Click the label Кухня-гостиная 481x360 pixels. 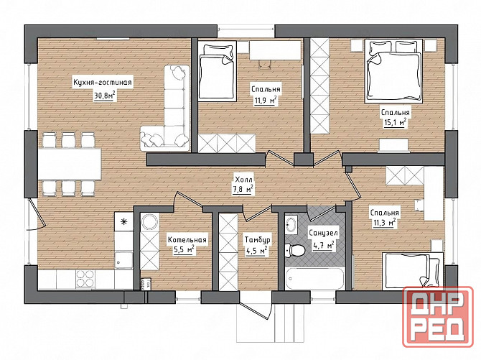click(103, 83)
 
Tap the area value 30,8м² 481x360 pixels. click(105, 96)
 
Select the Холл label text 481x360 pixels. click(243, 179)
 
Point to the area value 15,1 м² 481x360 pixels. click(396, 123)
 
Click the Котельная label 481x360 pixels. click(187, 239)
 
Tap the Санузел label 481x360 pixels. click(323, 233)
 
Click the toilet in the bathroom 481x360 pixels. click(294, 250)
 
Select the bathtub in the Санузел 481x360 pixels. click(315, 279)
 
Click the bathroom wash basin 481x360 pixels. click(291, 224)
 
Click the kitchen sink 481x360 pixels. click(123, 259)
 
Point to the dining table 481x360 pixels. click(70, 164)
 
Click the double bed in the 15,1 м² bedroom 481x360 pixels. click(394, 70)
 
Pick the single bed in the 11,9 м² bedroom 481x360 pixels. click(218, 71)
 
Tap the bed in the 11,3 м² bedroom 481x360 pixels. click(412, 271)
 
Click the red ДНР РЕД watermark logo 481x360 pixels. click(438, 316)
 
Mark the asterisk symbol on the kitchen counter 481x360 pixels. click(123, 221)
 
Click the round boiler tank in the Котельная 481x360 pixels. click(150, 221)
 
